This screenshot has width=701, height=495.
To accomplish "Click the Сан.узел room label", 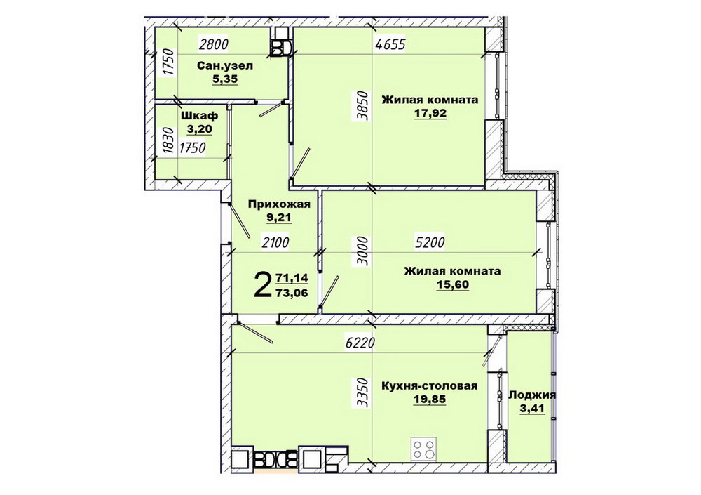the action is point(225,66).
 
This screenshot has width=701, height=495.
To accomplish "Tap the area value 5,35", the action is point(225,79).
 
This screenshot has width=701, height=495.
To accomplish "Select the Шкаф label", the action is point(199,116).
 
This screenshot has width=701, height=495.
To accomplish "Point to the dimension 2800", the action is point(214,44).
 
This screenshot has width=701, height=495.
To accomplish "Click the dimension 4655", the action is point(390,45).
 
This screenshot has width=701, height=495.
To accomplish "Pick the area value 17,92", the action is point(430,113).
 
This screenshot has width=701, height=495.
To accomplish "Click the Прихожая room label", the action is point(279,204).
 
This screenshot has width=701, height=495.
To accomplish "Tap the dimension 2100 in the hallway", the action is point(275,242).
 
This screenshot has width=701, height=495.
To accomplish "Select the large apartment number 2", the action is point(262,285).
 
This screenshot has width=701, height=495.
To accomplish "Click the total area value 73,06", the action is point(292,293).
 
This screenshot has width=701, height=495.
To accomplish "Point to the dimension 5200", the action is point(430,242).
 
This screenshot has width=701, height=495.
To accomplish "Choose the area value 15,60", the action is point(452,284).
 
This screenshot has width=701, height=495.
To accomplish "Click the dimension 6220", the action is point(360,343).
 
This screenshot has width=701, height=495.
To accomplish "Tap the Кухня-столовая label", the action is point(429,385).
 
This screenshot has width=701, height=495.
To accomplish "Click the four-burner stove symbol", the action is point(423,449).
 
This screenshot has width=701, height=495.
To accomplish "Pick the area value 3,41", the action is point(532,409).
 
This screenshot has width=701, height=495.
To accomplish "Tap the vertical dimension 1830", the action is point(168,141).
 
